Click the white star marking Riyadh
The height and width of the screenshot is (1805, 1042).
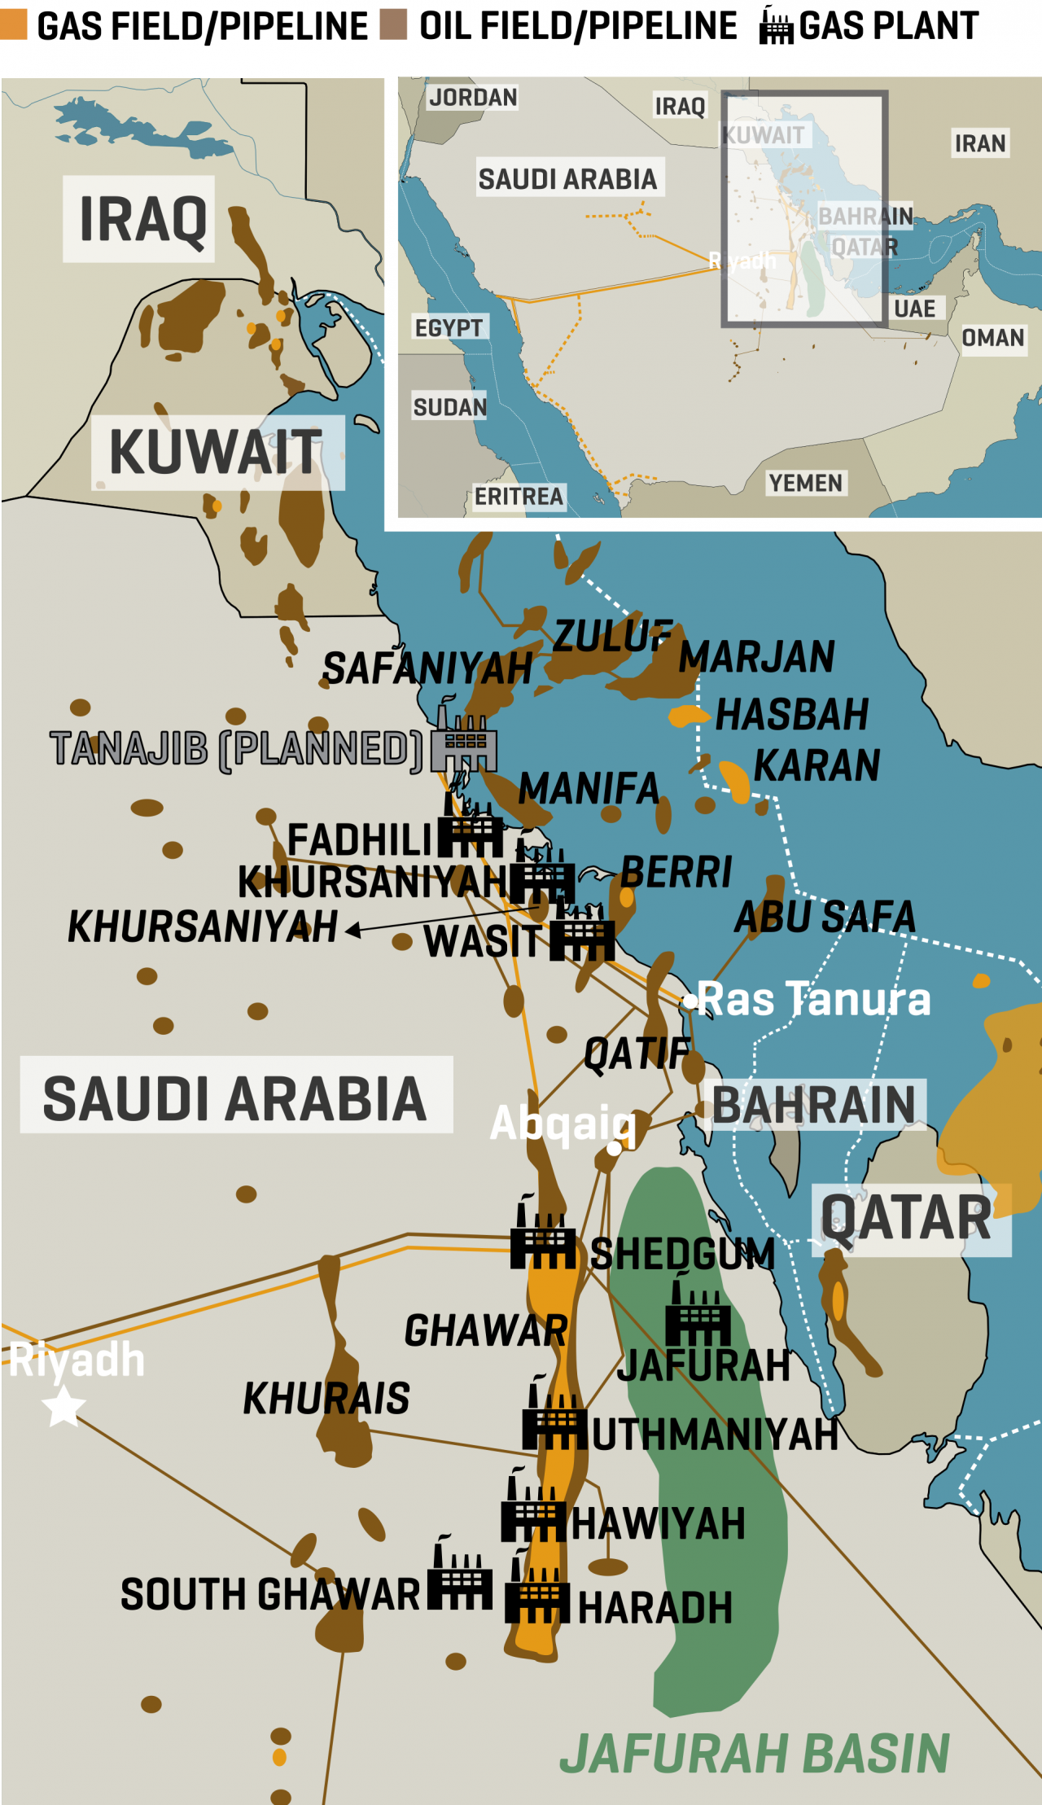63,1406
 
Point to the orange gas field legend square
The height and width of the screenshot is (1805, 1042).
13,24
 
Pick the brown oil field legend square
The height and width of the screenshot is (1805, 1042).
394,24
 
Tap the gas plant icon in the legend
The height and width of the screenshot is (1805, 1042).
775,26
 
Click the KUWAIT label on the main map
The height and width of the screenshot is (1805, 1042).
217,453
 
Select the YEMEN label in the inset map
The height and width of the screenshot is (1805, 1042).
806,483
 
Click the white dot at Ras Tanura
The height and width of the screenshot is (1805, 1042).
690,1001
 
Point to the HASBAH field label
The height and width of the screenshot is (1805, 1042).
792,715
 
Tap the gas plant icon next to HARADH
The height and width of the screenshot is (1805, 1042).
537,1596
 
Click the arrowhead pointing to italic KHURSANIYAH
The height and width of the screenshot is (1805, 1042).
353,931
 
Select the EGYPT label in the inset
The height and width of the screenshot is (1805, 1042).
449,327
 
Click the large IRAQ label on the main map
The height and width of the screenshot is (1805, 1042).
142,220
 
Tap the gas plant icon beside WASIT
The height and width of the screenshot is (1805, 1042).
581,936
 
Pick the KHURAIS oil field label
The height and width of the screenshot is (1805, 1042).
326,1399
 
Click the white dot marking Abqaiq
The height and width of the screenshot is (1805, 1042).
614,1149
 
